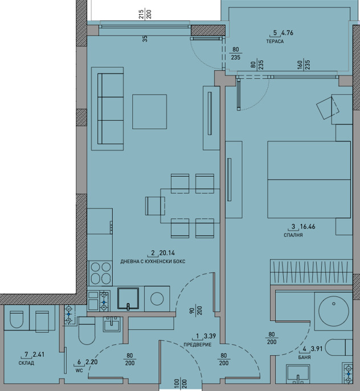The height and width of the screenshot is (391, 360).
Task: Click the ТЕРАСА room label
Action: coord(275,42)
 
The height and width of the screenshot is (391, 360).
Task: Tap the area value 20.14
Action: coord(167,253)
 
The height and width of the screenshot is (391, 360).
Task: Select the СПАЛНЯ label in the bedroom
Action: coord(293,235)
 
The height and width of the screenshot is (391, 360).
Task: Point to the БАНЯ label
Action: coord(304,357)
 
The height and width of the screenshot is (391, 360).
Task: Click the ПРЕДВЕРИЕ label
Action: coord(198,345)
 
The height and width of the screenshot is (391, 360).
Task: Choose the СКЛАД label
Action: coord(26,363)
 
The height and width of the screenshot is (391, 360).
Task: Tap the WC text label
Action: coord(79,370)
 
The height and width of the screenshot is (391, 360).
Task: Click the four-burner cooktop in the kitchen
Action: coord(100,274)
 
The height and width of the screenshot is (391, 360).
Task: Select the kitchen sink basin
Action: coord(128,299)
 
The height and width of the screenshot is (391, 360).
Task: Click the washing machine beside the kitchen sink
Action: coord(157,299)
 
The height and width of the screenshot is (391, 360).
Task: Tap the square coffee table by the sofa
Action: coord(149,112)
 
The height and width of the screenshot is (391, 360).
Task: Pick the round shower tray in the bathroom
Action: coord(334,311)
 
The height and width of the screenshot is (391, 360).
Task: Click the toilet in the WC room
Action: coord(87,331)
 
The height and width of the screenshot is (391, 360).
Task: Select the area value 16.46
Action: coord(308,227)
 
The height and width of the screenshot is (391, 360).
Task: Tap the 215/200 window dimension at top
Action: coord(145,14)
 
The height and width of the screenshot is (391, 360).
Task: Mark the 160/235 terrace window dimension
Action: coord(303,65)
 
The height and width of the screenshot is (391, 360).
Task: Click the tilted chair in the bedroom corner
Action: coord(328,108)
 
